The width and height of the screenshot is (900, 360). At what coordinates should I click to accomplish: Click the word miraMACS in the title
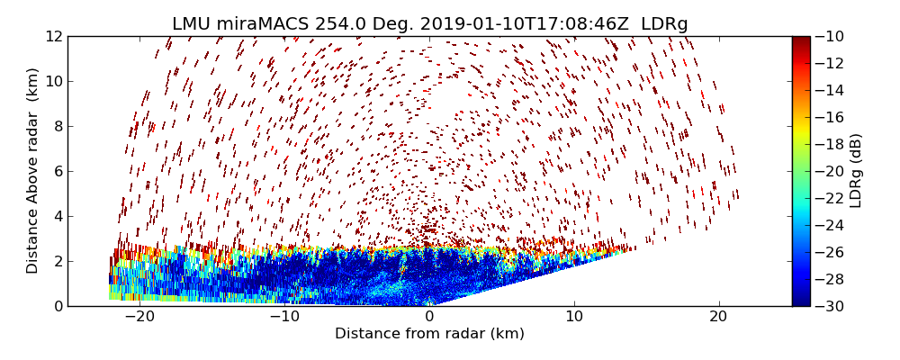262,23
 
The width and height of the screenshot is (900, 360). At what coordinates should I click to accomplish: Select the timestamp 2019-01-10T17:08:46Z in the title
514,23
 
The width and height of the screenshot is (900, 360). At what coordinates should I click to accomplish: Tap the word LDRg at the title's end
664,23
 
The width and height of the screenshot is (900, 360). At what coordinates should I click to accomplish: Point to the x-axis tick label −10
284,317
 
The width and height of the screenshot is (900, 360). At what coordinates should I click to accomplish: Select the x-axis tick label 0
429,317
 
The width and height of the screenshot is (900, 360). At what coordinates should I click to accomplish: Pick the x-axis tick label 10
574,317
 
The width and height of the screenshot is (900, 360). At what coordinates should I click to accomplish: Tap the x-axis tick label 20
718,317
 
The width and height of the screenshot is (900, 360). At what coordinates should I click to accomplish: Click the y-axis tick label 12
53,36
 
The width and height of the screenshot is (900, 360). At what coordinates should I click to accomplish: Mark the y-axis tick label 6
57,171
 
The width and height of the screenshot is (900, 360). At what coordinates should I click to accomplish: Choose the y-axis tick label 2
57,261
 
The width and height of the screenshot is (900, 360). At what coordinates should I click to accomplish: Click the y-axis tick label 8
57,126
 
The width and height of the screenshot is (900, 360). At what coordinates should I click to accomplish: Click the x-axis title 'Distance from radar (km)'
429,334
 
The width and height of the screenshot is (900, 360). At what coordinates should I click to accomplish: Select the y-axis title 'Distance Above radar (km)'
32,171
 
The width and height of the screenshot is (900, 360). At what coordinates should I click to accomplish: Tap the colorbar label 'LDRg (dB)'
856,171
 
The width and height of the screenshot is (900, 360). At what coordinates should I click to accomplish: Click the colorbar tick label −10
827,36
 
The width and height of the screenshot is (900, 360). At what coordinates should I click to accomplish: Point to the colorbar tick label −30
827,306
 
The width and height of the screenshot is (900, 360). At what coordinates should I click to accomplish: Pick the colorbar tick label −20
827,171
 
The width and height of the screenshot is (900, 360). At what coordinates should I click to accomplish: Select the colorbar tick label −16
827,117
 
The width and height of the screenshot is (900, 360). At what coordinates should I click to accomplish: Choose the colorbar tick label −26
827,252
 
